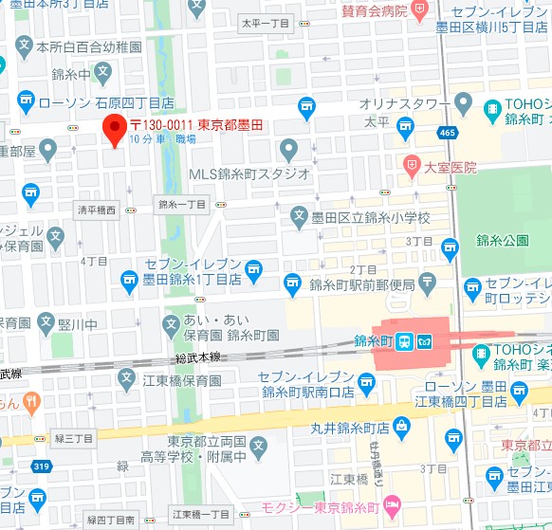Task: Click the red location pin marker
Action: click(115, 130)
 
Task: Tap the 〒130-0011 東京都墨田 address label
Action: click(195, 125)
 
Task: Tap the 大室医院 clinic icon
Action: click(411, 164)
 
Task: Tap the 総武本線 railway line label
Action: click(198, 356)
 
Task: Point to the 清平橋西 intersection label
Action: click(97, 210)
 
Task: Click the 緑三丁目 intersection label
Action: click(73, 438)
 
